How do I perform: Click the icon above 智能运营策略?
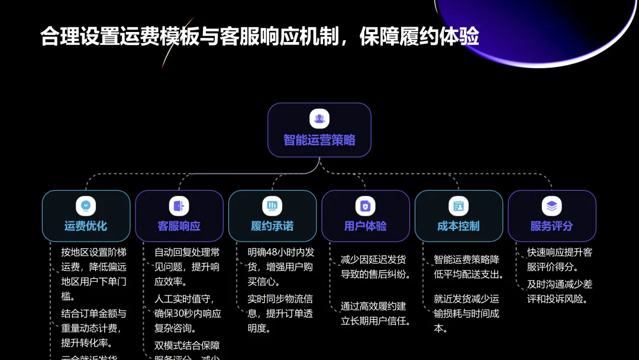click(x=319, y=118)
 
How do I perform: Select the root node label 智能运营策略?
click(x=319, y=140)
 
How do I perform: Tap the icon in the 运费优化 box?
click(x=86, y=205)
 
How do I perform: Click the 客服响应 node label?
click(x=179, y=226)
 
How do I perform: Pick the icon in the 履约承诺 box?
click(x=272, y=205)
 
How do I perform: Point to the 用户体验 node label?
click(x=366, y=226)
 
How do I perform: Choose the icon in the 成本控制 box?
click(x=459, y=205)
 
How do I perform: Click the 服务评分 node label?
click(x=551, y=226)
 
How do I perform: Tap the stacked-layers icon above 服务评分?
click(x=551, y=205)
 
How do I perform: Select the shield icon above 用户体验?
click(x=366, y=205)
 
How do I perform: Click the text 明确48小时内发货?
click(x=280, y=252)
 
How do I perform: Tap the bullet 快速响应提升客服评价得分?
click(x=560, y=259)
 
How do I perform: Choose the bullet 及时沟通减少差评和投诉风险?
click(x=560, y=291)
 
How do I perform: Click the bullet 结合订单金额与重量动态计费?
click(x=93, y=328)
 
